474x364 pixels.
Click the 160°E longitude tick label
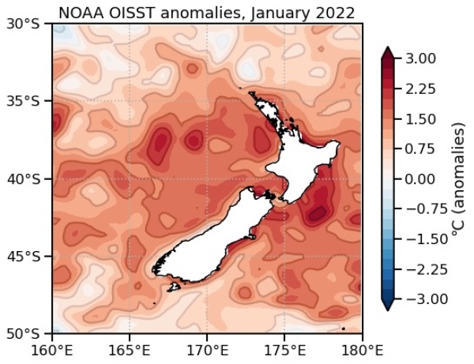click(x=52, y=349)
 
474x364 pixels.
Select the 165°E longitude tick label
click(x=130, y=349)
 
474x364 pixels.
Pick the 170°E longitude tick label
click(x=207, y=349)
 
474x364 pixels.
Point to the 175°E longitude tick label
click(x=284, y=349)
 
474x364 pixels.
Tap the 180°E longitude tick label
click(x=362, y=349)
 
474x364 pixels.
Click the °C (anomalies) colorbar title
click(x=457, y=179)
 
